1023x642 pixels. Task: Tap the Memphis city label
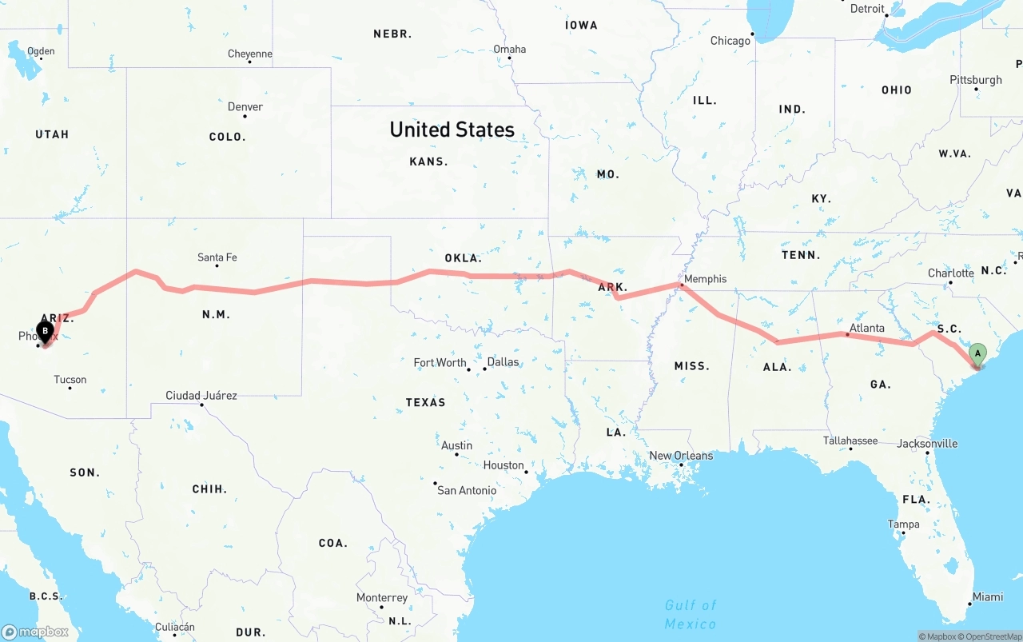coord(706,279)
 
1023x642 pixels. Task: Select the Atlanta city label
coord(867,328)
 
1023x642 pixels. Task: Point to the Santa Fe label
coord(217,257)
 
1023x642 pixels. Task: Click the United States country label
coord(452,130)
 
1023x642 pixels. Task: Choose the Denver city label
coord(245,107)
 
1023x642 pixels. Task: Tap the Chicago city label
coord(730,41)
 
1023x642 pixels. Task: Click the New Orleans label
coord(681,456)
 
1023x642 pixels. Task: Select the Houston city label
coord(504,465)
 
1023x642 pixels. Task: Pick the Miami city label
coord(988,597)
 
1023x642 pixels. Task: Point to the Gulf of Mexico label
coord(691,614)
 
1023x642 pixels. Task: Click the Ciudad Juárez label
coord(201,396)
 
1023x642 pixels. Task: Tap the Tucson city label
coord(70,380)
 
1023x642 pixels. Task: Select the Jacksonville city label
coord(927,444)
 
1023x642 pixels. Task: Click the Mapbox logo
coord(35,632)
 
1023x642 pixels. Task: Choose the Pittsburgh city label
coord(976,80)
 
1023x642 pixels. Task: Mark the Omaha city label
coord(510,50)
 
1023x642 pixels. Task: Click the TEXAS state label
coord(425,402)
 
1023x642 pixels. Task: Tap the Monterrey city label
coord(382,598)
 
